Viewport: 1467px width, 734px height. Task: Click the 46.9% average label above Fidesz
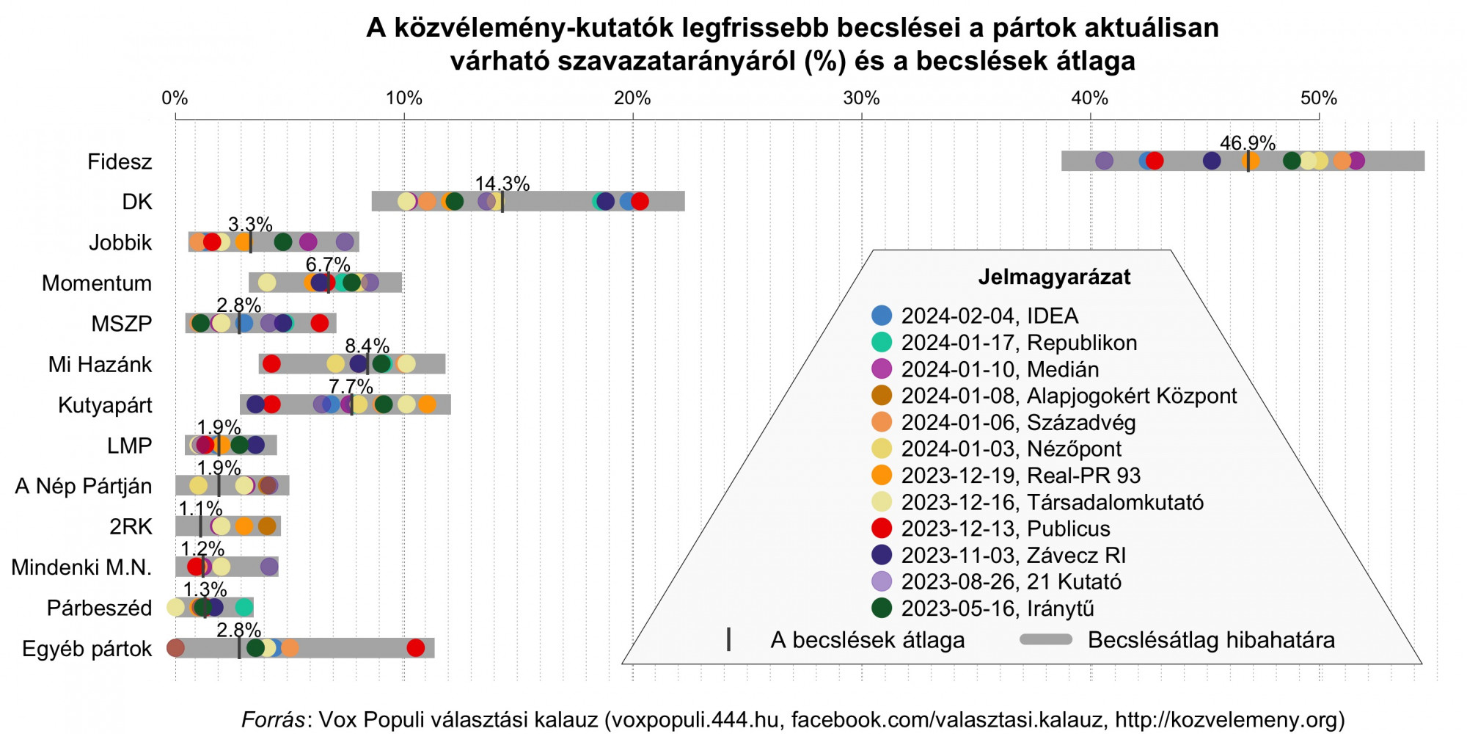tap(1247, 143)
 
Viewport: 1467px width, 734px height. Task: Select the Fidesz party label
tap(120, 161)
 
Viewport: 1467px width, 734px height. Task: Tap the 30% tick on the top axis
tap(861, 98)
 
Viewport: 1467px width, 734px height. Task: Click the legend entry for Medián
tap(1000, 369)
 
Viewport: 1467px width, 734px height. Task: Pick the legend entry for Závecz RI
tap(1013, 555)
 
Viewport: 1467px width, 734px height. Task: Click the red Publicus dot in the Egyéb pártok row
tap(415, 648)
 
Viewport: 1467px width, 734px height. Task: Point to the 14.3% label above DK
tap(502, 183)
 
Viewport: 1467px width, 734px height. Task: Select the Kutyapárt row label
tap(105, 405)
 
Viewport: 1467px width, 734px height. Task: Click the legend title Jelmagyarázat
tap(1054, 277)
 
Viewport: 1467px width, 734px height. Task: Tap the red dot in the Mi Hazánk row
tap(271, 363)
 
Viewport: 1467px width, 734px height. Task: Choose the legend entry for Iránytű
tap(997, 608)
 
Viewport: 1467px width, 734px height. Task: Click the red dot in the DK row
tap(640, 202)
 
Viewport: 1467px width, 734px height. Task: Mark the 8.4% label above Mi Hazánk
tap(367, 346)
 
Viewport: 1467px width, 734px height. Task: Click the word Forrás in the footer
tap(273, 719)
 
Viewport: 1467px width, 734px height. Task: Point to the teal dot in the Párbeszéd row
tap(244, 607)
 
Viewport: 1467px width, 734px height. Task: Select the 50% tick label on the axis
tap(1319, 98)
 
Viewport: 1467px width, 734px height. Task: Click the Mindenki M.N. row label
tap(81, 567)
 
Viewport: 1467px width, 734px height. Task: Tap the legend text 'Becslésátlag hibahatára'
tap(1211, 640)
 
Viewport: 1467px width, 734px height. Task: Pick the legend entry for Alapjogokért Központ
tap(1069, 396)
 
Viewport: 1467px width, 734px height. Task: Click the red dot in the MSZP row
tap(320, 323)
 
